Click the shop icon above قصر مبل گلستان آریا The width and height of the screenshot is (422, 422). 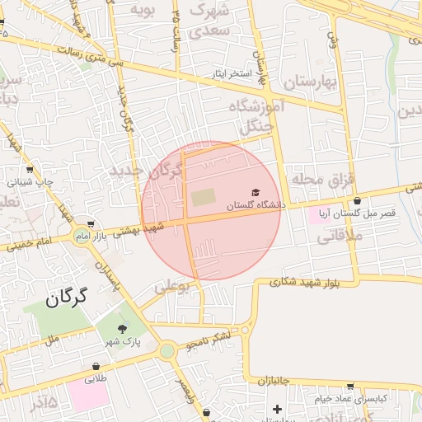click(357, 200)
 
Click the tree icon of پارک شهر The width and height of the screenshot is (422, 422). click(124, 329)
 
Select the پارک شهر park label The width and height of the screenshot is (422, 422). click(124, 340)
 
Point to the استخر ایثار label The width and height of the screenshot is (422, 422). click(229, 73)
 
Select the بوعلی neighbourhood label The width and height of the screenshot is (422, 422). click(172, 288)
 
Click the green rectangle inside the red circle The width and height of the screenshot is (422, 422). click(202, 198)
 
